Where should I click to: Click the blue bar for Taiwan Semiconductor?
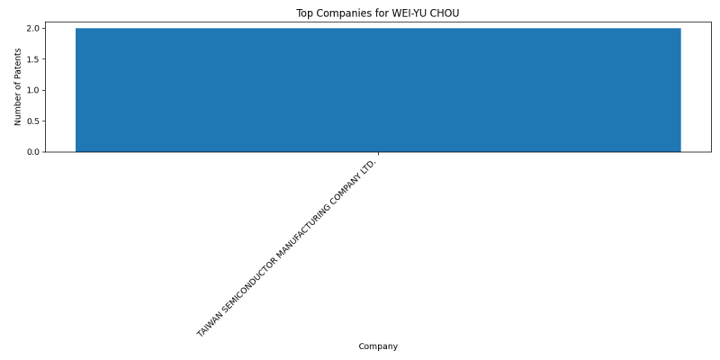[x=378, y=90]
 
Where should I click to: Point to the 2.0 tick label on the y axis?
[x=32, y=29]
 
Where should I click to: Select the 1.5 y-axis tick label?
[x=32, y=59]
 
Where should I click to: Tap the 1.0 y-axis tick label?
[x=32, y=91]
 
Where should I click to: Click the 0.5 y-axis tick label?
[x=32, y=121]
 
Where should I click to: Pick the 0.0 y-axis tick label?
[x=32, y=152]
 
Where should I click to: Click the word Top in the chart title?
[x=303, y=13]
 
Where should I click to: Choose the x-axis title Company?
[x=378, y=346]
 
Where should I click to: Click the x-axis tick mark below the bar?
[x=378, y=153]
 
